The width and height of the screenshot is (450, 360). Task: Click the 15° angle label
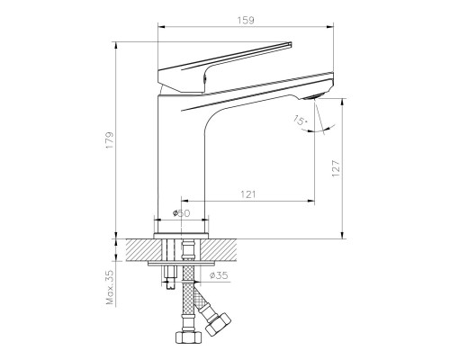(298, 119)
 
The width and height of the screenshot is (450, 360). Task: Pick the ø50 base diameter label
(182, 213)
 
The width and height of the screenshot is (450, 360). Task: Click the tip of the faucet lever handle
(292, 43)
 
